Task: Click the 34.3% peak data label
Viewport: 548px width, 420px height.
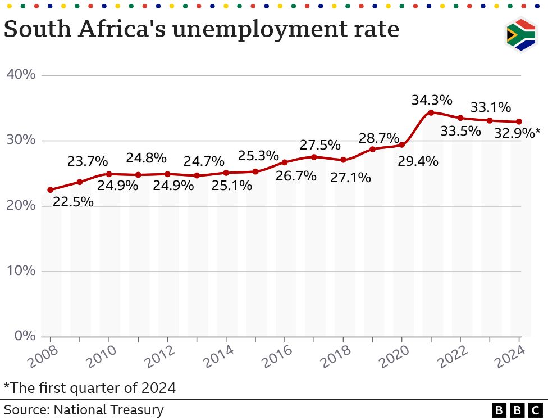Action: tap(431, 100)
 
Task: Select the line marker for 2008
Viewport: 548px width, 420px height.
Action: tap(51, 190)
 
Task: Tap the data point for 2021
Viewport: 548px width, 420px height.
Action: tap(431, 112)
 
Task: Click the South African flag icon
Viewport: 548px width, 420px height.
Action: tap(520, 35)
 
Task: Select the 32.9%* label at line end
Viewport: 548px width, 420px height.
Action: tap(517, 133)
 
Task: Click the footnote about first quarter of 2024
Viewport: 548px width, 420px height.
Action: tap(90, 387)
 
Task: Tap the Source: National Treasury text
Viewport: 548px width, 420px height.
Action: tap(84, 410)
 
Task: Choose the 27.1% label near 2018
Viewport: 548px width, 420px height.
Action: tap(350, 178)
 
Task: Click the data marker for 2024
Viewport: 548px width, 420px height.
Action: tap(519, 121)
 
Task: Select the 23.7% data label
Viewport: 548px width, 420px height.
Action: tap(87, 161)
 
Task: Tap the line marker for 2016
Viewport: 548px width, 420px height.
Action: tap(285, 162)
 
